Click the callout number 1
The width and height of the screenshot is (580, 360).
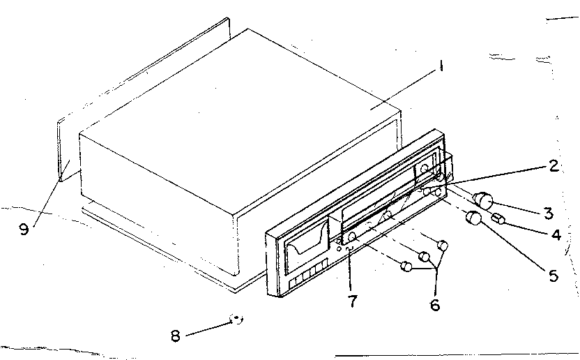(441, 68)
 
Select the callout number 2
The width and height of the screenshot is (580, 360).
(552, 166)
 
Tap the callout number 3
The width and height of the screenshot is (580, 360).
(548, 212)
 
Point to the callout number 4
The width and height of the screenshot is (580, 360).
(556, 235)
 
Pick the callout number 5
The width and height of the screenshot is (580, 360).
(553, 275)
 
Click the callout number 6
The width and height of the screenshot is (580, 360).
(435, 304)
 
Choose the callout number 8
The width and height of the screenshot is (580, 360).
(175, 335)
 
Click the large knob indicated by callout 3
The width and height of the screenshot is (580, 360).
(484, 201)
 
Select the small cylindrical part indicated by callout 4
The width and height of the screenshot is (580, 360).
(498, 220)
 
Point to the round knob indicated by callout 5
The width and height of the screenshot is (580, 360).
(474, 218)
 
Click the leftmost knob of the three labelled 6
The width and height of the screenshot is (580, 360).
(406, 265)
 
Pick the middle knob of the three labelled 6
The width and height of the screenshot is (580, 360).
(423, 256)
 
